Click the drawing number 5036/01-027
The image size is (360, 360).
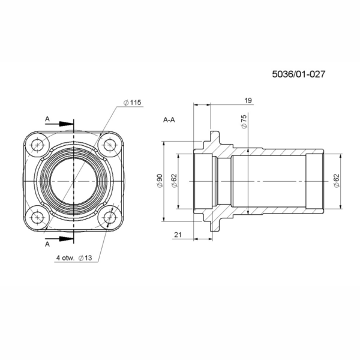pos(298,74)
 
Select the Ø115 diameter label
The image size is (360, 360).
pos(132,103)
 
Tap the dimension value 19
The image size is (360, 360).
pos(248,100)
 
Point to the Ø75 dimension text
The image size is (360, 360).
pos(244,121)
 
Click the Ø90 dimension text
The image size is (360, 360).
pos(160,181)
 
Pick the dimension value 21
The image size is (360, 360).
pos(178,235)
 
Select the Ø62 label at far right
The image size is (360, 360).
pos(336,181)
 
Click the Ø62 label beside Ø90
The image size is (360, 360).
pos(175,181)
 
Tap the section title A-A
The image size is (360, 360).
pos(169,120)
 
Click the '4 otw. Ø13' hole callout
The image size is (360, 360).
pos(74,258)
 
